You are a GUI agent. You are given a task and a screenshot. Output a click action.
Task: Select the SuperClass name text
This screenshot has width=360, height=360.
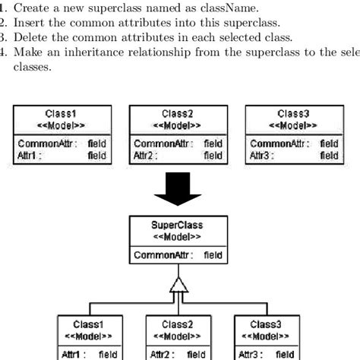[x=178, y=226]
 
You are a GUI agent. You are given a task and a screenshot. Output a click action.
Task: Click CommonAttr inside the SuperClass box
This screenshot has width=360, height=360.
[x=156, y=254]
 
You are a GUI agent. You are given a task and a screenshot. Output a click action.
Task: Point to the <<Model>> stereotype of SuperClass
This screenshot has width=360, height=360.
[x=178, y=236]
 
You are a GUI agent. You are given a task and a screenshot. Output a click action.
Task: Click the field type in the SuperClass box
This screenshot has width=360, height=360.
[x=213, y=254]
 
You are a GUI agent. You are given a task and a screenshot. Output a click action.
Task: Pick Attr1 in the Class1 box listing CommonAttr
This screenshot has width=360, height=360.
[x=28, y=155]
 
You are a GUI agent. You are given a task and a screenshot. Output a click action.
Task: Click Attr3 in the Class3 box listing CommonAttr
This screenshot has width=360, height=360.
[x=261, y=155]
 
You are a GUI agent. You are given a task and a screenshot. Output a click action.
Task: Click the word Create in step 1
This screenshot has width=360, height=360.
[x=30, y=8]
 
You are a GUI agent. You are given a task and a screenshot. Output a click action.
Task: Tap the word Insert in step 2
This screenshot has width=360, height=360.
[x=29, y=24]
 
